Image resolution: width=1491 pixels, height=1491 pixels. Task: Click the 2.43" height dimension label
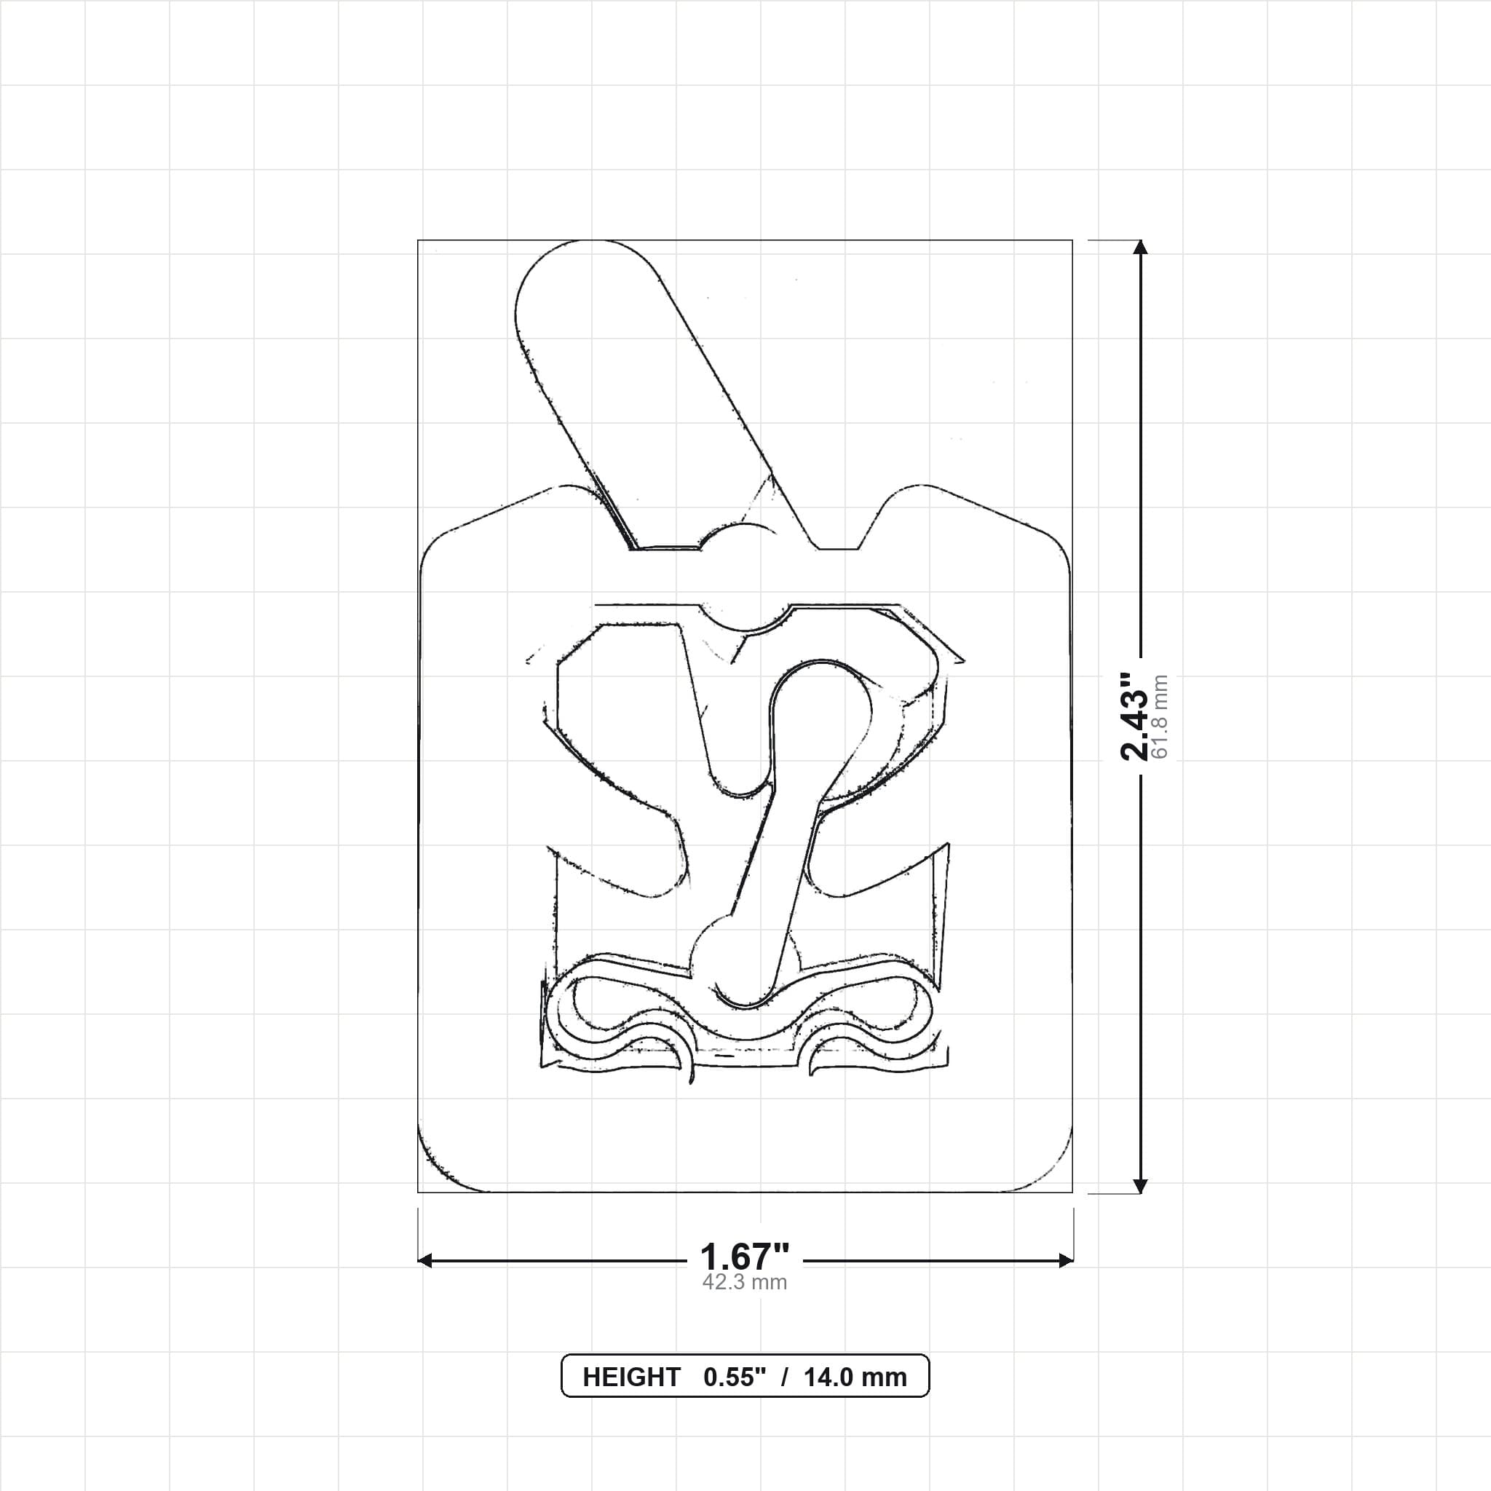1134,716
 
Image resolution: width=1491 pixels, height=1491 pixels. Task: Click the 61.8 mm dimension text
1159,716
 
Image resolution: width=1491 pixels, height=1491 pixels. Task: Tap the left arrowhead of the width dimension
424,1261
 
